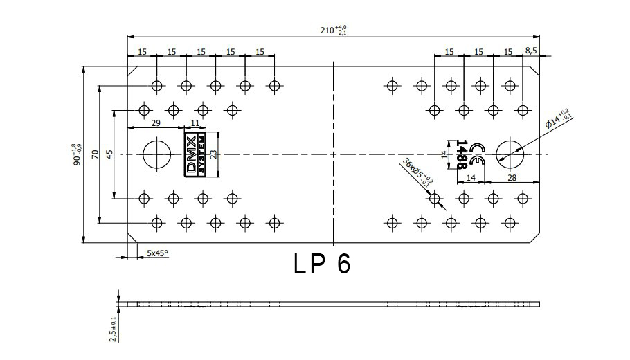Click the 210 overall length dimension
coord(333,30)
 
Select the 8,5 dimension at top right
coord(531,51)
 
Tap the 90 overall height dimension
coord(76,154)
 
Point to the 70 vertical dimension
coord(95,154)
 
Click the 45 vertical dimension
coord(110,154)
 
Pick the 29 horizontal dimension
coord(156,123)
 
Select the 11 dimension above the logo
coord(195,123)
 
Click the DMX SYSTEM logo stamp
coord(195,154)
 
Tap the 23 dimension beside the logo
coord(214,154)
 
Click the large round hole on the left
coord(156,154)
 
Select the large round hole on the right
coord(510,154)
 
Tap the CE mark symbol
coord(477,154)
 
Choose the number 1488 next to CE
coord(462,154)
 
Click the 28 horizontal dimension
coord(512,177)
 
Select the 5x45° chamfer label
coord(157,253)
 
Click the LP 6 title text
coord(322,264)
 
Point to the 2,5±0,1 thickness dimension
coord(113,330)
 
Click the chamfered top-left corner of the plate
coord(133,71)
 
